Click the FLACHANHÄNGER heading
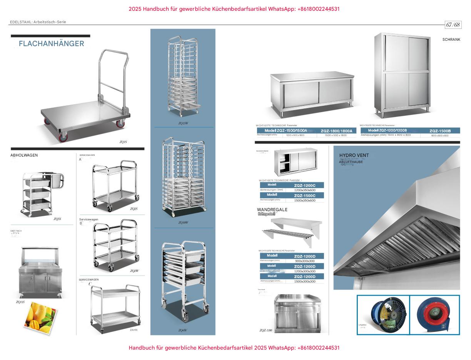point(51,43)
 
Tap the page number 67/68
point(453,25)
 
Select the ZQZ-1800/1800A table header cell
point(336,131)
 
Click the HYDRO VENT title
point(354,155)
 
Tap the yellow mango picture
point(40,318)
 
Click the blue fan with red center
point(434,315)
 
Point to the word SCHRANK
point(451,40)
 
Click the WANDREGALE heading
point(272,210)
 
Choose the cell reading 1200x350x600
point(304,190)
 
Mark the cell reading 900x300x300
point(304,261)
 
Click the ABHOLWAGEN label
point(24,155)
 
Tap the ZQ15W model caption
point(183,123)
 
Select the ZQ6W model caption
point(182,330)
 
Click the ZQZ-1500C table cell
point(304,195)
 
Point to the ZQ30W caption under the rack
point(183,223)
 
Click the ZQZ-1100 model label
point(266,330)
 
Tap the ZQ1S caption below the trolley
point(123,142)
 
